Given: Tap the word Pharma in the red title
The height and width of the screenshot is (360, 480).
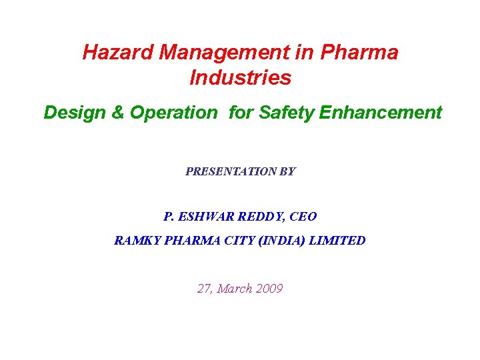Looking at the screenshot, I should point(361,53).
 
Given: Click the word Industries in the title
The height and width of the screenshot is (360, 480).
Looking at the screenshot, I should point(240,77).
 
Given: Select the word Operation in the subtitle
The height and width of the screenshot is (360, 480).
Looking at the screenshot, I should point(173,113).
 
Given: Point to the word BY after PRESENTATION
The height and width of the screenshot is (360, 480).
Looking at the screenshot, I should point(287,171).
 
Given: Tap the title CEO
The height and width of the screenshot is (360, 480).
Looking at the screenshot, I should point(303,217).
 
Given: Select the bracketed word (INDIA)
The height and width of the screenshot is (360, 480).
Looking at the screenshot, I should point(279,241).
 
